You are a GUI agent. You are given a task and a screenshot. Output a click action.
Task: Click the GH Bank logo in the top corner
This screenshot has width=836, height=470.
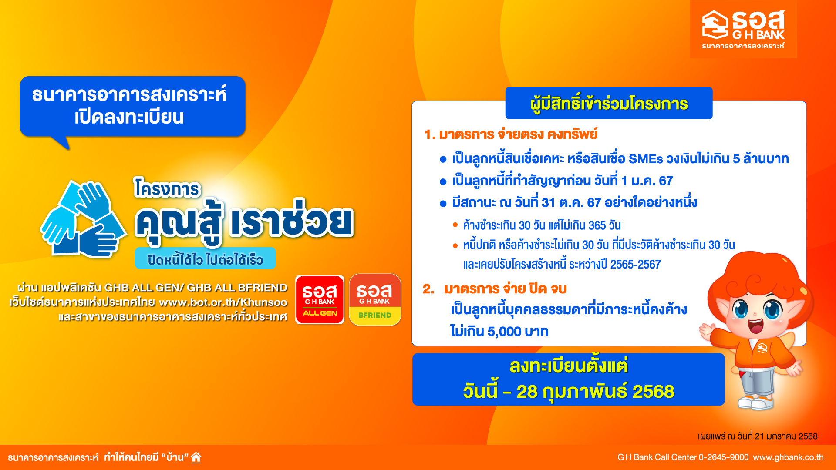point(743,29)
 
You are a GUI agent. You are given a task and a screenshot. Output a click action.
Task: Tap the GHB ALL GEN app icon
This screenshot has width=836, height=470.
point(320,300)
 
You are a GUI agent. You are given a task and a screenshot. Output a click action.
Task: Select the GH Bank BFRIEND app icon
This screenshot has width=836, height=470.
point(375,300)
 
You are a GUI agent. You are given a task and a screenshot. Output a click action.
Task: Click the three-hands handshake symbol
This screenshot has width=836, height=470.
point(83,219)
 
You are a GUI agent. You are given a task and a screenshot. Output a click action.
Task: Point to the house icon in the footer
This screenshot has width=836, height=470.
point(196,457)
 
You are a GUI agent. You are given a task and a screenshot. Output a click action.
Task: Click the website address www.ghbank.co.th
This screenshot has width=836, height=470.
point(788,457)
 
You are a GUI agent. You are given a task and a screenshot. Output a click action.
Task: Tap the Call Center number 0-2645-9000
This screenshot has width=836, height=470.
point(724,457)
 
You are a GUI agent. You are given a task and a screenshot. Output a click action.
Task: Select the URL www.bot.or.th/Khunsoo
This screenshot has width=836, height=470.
point(223,302)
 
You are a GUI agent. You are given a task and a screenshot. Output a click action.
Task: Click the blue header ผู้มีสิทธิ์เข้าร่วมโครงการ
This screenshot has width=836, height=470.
point(609,104)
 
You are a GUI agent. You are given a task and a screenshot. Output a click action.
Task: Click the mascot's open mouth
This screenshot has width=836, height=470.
point(755,325)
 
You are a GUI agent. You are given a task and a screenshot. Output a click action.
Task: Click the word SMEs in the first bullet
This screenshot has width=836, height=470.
point(646,159)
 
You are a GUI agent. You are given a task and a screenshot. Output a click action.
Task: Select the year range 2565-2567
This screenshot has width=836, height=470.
point(635,264)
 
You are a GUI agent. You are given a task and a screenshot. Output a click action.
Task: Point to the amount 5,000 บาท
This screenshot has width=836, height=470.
point(518,332)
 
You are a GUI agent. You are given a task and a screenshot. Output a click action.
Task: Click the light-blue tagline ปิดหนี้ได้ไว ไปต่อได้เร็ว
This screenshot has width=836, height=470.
point(205,259)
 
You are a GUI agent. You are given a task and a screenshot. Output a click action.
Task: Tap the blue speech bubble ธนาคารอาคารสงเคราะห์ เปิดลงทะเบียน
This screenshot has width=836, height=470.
point(132,107)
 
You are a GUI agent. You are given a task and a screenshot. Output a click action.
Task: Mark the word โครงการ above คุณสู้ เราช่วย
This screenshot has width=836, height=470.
point(167,188)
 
